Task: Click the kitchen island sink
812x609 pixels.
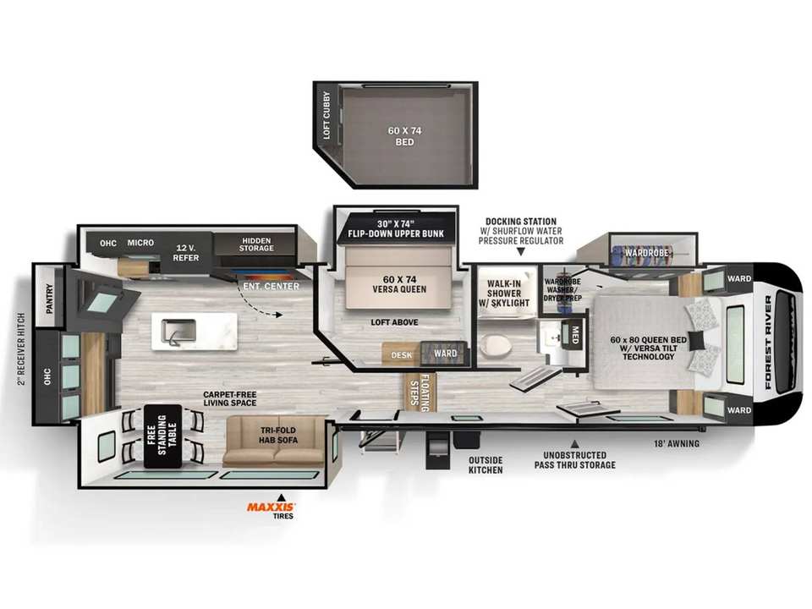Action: click(178, 331)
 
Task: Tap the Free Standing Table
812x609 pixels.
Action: click(162, 436)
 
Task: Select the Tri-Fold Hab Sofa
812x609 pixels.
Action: click(274, 440)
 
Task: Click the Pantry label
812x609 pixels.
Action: click(50, 299)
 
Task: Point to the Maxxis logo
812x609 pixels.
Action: click(271, 507)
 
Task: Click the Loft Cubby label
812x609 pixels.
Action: click(326, 116)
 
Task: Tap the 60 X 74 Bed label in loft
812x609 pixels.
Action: click(404, 136)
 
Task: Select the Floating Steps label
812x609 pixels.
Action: click(420, 392)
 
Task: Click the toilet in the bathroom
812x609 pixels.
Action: click(494, 346)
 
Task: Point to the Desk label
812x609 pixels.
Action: click(401, 355)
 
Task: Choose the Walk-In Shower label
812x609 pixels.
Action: click(508, 294)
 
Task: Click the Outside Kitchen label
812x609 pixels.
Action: click(486, 465)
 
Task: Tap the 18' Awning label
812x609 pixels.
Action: click(676, 443)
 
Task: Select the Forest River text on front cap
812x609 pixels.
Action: click(768, 343)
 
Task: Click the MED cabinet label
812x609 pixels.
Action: click(575, 335)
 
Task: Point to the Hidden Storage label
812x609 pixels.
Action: click(256, 244)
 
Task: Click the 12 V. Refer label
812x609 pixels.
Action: click(186, 253)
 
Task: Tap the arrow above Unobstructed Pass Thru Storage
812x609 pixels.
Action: click(574, 444)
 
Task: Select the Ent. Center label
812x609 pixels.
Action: click(271, 287)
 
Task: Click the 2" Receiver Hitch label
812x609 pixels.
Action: click(21, 348)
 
